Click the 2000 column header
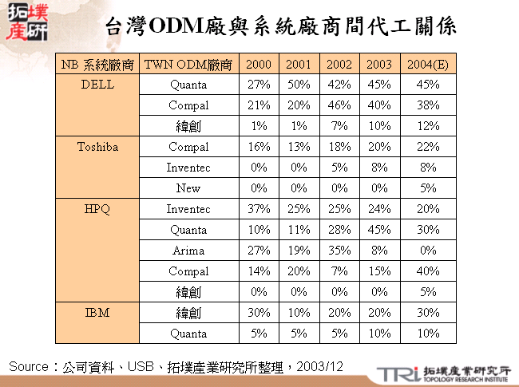[x=259, y=65]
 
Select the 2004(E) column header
[x=428, y=65]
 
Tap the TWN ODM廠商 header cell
[x=188, y=65]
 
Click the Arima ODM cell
[x=188, y=251]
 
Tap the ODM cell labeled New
[x=188, y=188]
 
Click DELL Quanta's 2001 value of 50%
[x=299, y=85]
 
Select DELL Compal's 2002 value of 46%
[x=339, y=105]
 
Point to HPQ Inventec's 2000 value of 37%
[x=259, y=209]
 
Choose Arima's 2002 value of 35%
[x=339, y=251]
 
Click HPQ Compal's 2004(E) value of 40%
[x=428, y=271]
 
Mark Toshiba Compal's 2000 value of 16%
[x=259, y=147]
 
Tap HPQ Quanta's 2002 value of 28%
[x=339, y=230]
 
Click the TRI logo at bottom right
[x=394, y=373]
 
